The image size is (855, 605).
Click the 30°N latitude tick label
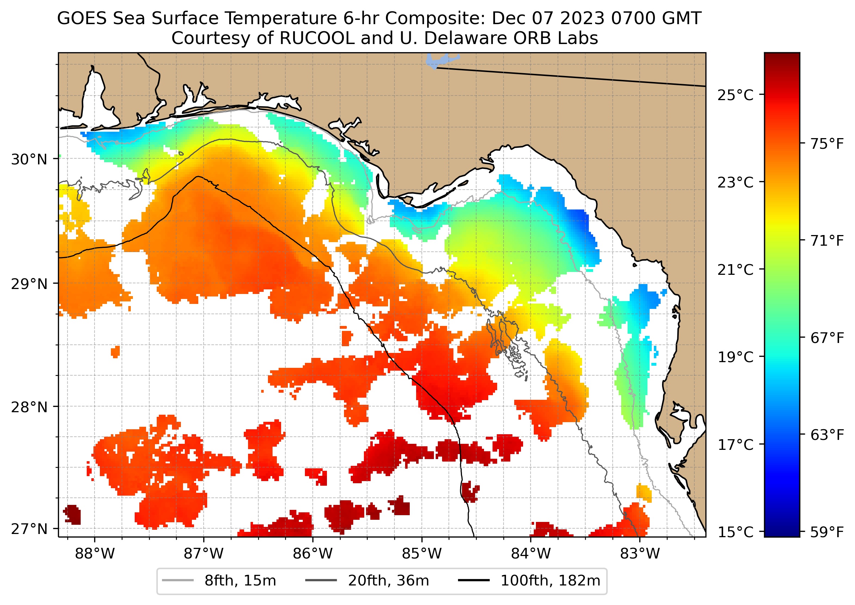coord(29,159)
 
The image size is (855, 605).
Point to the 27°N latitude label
coord(29,529)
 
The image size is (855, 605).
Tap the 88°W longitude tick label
coord(95,554)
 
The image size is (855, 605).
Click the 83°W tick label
coord(640,554)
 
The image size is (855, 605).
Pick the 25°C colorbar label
coord(735,96)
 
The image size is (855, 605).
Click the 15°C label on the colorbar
coord(735,532)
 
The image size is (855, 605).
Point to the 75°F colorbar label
coord(827,144)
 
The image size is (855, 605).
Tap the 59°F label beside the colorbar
coord(827,532)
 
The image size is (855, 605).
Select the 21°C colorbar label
coord(735,270)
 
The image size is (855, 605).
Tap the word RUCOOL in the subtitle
coord(317,38)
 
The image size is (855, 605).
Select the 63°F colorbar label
coord(827,435)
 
